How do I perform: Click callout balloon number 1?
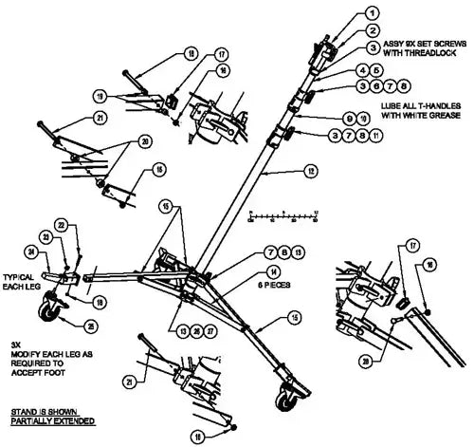coord(374,12)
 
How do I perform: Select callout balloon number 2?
coord(374,31)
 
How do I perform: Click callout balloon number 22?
coord(62,225)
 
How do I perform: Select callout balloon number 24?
coord(29,252)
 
